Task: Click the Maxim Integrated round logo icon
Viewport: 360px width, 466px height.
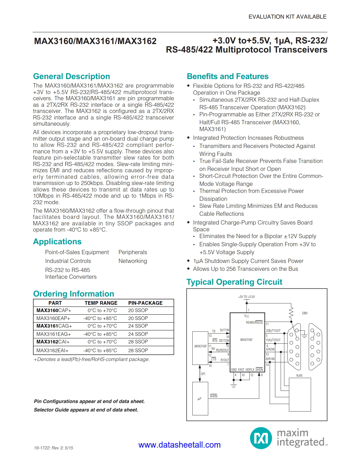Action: tap(261, 438)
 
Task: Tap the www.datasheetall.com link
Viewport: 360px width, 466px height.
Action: tap(179, 445)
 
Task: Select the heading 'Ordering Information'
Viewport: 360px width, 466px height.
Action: tap(73, 294)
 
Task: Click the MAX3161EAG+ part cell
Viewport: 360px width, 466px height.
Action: tap(54, 334)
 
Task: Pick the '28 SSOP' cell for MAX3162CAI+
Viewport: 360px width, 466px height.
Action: tap(138, 342)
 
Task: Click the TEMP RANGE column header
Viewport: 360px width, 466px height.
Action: tap(101, 303)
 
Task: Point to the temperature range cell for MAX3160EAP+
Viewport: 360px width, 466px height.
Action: tap(100, 318)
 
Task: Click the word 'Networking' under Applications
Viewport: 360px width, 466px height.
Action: tap(133, 261)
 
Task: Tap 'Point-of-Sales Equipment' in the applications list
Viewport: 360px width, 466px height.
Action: tap(77, 252)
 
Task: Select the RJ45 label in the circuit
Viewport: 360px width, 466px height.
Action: tap(299, 376)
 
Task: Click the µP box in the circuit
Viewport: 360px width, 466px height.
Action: tap(200, 399)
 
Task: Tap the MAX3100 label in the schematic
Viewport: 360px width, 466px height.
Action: tap(200, 346)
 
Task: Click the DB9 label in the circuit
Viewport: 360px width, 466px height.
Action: tap(305, 313)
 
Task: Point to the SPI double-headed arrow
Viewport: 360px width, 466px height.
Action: tap(200, 373)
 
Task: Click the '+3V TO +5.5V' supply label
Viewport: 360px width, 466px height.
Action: tap(246, 297)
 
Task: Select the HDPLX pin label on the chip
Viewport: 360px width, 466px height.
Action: tap(250, 369)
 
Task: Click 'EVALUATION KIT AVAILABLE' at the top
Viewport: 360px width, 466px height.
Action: tap(287, 17)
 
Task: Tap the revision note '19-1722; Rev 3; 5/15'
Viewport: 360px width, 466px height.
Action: tap(53, 448)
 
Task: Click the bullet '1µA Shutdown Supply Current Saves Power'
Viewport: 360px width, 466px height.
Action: tap(248, 261)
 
